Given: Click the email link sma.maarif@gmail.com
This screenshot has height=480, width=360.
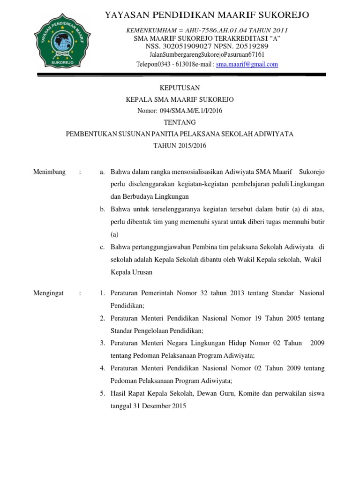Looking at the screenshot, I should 247,65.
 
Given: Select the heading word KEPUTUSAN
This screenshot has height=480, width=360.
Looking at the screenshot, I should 180,88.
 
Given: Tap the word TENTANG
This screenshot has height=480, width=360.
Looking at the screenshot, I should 180,122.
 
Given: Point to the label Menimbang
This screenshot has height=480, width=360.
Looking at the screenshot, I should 49,172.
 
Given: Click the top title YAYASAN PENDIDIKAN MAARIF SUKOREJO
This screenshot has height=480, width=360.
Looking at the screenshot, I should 207,15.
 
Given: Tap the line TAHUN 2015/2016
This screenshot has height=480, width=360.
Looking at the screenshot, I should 180,146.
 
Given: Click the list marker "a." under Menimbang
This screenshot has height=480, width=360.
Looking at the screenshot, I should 102,172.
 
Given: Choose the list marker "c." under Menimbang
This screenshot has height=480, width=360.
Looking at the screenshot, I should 102,247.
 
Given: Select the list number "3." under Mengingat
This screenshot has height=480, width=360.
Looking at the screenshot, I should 102,344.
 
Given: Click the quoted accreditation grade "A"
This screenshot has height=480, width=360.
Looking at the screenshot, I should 275,38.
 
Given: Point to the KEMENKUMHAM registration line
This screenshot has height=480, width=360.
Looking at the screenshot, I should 207,30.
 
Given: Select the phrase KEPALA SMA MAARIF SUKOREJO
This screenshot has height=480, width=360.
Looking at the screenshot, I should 180,99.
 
